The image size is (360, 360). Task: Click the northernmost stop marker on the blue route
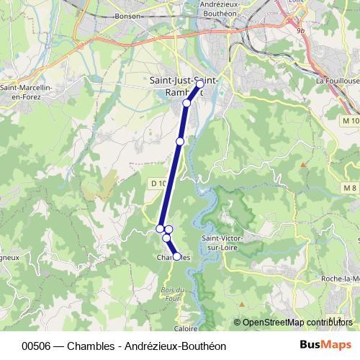(x=200, y=85)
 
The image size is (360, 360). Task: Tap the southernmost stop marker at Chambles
(x=176, y=256)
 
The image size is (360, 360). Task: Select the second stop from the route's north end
(x=186, y=103)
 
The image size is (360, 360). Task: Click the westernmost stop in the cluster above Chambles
(x=160, y=229)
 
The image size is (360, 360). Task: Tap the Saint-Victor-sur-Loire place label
(x=222, y=243)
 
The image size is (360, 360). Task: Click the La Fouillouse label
(x=337, y=81)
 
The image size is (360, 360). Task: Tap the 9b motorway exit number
(x=301, y=31)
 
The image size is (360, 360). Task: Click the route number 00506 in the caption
(x=37, y=346)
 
